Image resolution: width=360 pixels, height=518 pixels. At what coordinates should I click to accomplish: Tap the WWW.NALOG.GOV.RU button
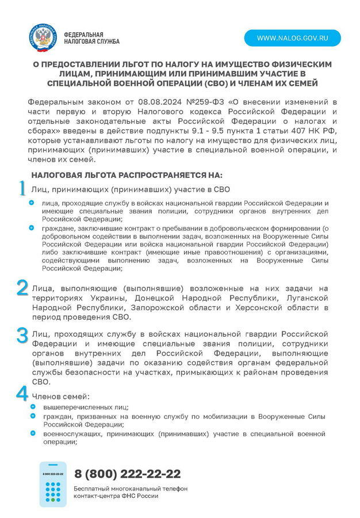click(x=292, y=38)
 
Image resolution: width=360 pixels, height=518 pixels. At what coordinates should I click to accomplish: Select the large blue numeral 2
click(x=22, y=288)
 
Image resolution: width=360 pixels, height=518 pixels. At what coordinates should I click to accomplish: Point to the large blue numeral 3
click(x=22, y=335)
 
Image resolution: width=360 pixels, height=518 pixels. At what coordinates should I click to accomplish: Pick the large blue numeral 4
click(x=22, y=394)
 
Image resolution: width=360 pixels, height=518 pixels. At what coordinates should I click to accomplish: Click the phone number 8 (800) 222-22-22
click(x=127, y=474)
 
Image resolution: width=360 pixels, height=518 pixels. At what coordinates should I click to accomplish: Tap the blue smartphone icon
click(x=53, y=484)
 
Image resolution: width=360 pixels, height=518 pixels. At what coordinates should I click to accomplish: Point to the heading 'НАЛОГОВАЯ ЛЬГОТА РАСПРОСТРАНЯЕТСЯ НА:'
click(x=127, y=174)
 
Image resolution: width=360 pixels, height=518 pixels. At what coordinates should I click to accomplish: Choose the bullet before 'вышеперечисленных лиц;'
click(x=33, y=407)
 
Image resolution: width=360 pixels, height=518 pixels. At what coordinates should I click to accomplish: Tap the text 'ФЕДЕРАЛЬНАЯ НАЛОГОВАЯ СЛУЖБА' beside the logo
click(x=91, y=38)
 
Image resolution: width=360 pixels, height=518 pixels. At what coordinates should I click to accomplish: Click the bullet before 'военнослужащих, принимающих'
click(x=33, y=432)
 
